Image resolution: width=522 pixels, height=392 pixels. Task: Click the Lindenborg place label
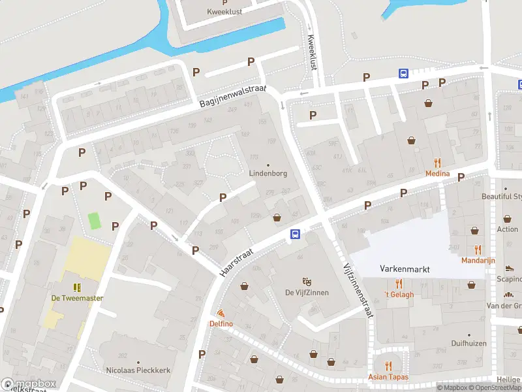[268, 174]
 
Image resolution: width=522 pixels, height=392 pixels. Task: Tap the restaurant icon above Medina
[437, 163]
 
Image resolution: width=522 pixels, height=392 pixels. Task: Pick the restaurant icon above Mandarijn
[478, 249]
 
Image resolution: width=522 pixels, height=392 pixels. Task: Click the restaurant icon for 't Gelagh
[399, 284]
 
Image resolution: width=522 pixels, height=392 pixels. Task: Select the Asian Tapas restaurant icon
[389, 366]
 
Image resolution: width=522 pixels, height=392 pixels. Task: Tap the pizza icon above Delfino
[221, 314]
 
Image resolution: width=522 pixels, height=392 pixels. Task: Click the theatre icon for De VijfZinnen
[306, 282]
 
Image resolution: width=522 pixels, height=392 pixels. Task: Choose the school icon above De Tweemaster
[77, 287]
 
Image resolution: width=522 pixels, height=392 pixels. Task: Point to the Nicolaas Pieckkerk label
[138, 370]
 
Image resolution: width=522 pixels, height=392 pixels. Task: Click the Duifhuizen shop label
[469, 342]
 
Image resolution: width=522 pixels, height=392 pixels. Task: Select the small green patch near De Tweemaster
[95, 220]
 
